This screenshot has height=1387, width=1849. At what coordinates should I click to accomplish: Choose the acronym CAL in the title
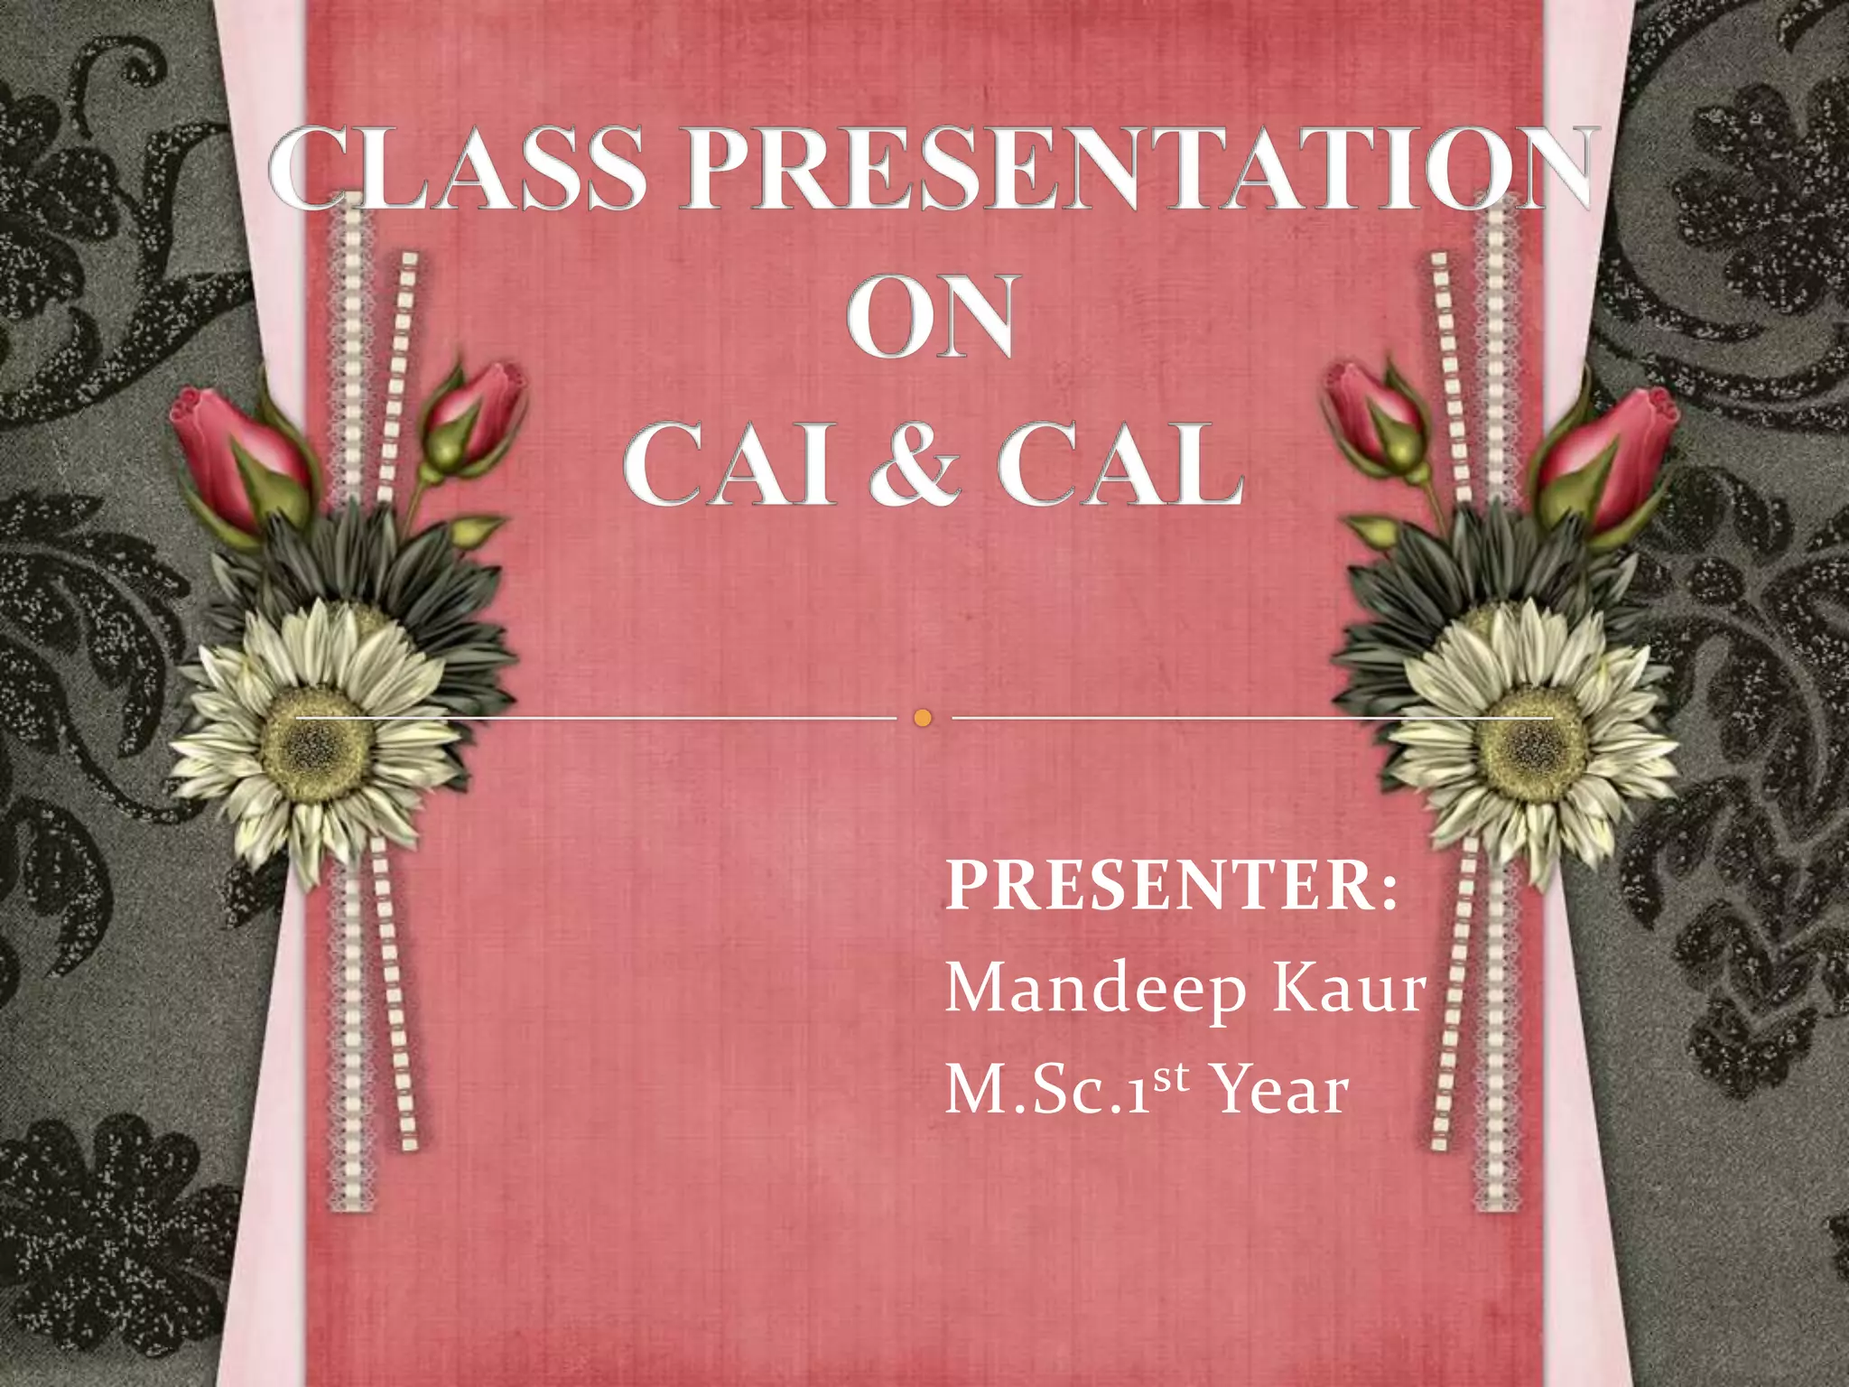tap(1120, 464)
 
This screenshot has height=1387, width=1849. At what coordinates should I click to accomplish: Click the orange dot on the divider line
tap(922, 718)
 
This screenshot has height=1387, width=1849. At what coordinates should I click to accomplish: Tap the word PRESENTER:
tap(1172, 885)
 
